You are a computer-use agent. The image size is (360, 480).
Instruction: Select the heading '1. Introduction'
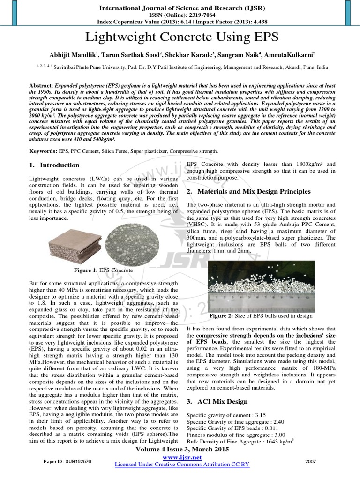point(54,165)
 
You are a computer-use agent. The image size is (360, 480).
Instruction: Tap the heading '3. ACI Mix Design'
point(217,402)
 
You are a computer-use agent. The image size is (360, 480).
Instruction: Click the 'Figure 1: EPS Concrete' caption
point(103,270)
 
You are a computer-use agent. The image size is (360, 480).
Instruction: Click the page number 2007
point(310,461)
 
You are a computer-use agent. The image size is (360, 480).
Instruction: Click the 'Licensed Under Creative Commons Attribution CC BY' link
point(182,465)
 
